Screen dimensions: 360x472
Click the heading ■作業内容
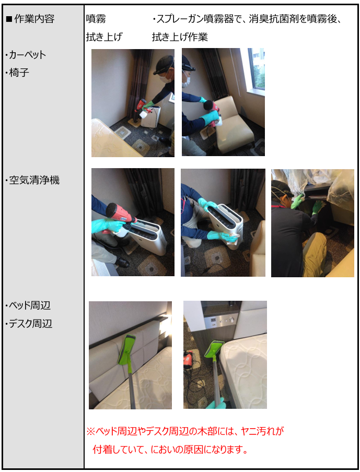coord(30,19)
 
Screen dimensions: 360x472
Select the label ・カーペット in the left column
coord(26,55)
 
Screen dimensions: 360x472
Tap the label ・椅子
coord(17,73)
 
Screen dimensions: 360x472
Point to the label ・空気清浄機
coord(32,180)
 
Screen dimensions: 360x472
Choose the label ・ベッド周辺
coord(28,305)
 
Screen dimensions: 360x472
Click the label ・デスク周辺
coord(29,324)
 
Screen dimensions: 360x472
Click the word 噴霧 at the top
coord(96,19)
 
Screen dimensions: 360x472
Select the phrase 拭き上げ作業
coord(180,37)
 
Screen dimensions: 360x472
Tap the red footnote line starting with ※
coord(185,431)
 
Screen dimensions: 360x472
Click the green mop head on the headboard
coord(126,350)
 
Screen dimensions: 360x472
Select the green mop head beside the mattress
coord(214,349)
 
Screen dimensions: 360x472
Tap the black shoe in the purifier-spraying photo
coord(122,263)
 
